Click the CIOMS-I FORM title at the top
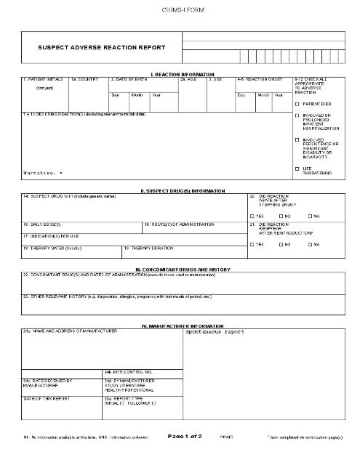pyautogui.click(x=179, y=9)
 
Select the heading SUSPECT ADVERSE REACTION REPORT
pyautogui.click(x=101, y=47)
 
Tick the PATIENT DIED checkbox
pyautogui.click(x=297, y=105)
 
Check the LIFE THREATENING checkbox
pyautogui.click(x=297, y=169)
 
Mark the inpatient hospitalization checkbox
pyautogui.click(x=297, y=116)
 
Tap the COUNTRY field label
pyautogui.click(x=86, y=78)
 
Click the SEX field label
pyautogui.click(x=216, y=78)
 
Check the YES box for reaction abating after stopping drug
pyautogui.click(x=252, y=217)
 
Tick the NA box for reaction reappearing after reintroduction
pyautogui.click(x=309, y=245)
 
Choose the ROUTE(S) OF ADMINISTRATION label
pyautogui.click(x=180, y=225)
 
